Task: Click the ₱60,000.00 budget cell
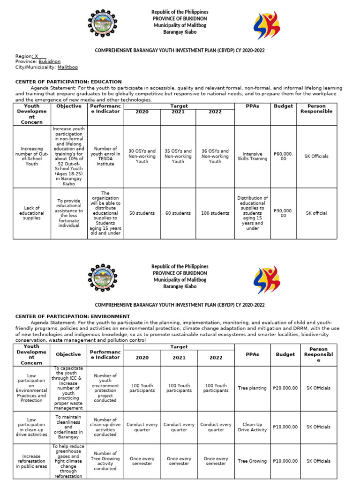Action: pos(283,156)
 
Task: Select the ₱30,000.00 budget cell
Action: pos(283,213)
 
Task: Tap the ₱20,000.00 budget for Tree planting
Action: pos(285,388)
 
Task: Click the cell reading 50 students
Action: pos(142,213)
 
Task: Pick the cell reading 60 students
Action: pos(178,213)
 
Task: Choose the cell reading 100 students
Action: pos(215,213)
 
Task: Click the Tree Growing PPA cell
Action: pos(252,461)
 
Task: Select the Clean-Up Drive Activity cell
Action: pos(252,427)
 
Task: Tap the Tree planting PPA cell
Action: pos(252,388)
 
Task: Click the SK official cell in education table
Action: pos(316,213)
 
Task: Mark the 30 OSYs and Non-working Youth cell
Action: pos(142,156)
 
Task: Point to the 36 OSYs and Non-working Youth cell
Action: pos(215,156)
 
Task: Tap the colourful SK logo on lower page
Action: pos(266,280)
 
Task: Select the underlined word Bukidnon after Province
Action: pos(49,61)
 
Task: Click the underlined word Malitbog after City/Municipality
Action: pos(67,67)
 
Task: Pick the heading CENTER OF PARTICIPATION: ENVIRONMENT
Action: pos(73,316)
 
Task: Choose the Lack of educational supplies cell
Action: pos(32,213)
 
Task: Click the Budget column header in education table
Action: pos(283,106)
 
